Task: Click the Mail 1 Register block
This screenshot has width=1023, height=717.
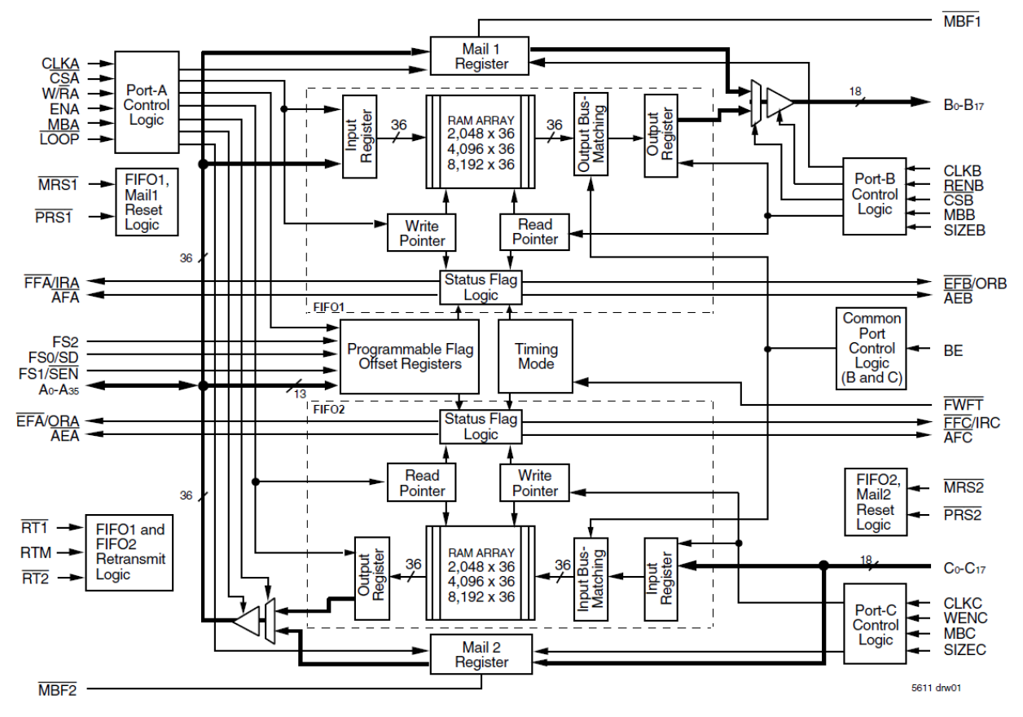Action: point(481,56)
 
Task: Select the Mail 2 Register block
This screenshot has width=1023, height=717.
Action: point(481,655)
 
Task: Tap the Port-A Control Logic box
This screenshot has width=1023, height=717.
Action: point(147,102)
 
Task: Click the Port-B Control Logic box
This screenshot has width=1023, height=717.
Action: point(874,196)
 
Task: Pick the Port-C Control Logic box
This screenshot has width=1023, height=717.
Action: point(875,626)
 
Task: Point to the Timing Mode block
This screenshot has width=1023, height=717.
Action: point(535,355)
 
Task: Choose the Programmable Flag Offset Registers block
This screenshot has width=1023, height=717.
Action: point(410,356)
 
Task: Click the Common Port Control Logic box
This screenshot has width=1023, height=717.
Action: point(871,349)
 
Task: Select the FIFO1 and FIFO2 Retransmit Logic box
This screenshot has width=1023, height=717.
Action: point(130,552)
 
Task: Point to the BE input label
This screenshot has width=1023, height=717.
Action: point(953,350)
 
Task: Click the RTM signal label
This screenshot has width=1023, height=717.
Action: point(36,553)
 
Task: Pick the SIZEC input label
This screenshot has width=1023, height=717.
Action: point(965,649)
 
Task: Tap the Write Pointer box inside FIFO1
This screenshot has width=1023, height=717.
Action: point(422,232)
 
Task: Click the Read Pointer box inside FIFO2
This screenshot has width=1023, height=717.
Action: point(422,483)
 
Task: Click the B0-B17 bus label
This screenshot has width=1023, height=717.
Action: point(962,103)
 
